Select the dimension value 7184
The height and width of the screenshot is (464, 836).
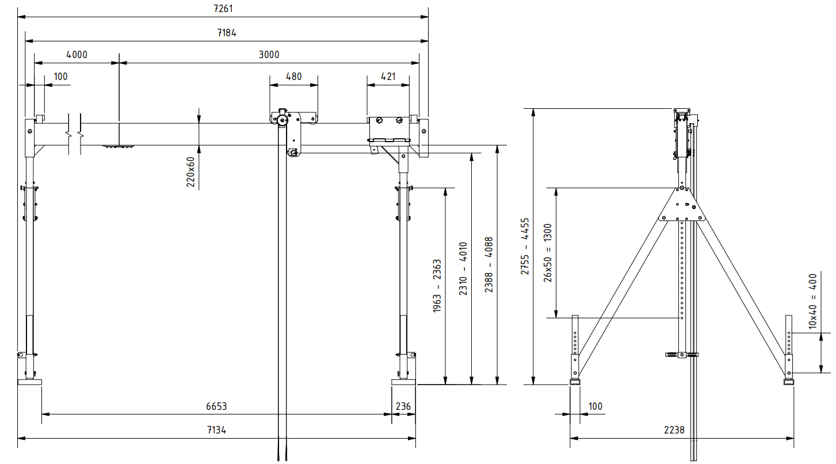(227, 33)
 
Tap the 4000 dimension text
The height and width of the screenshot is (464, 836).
(77, 55)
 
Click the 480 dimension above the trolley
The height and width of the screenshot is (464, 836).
(293, 77)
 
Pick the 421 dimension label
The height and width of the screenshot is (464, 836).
(388, 77)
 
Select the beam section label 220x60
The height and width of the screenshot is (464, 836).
(191, 173)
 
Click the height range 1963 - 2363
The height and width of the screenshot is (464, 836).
(437, 286)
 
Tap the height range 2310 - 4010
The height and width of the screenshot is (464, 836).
(463, 268)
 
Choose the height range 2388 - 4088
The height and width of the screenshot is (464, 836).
(488, 265)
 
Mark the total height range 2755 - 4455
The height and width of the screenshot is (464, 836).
(525, 246)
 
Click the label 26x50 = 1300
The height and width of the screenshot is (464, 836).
(548, 253)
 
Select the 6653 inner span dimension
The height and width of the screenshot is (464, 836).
(216, 406)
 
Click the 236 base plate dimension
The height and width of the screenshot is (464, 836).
(403, 406)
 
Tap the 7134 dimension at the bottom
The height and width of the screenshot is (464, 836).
(216, 430)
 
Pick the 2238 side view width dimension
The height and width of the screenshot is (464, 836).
(674, 430)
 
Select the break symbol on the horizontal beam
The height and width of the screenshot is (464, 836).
(74, 134)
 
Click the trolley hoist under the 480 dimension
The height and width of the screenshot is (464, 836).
(291, 130)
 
